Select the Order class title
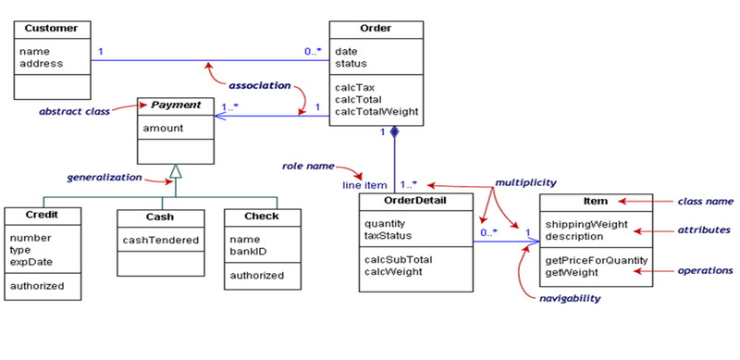point(376,29)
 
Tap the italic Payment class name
point(176,106)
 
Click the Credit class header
point(43,216)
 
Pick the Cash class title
point(160,217)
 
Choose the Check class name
point(262,217)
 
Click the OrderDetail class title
point(415,202)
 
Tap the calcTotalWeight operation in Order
point(376,111)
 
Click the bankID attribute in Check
point(248,251)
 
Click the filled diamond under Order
point(395,133)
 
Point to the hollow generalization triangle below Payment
point(176,170)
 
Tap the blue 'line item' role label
point(364,185)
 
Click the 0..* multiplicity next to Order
point(314,51)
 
